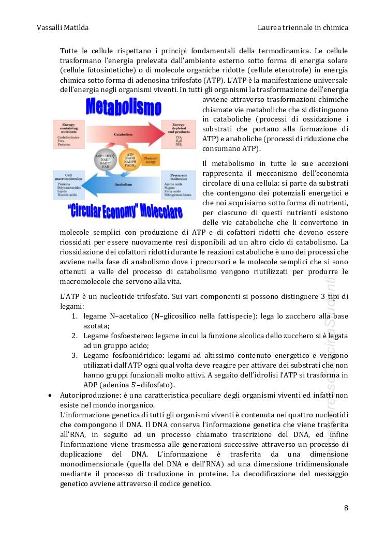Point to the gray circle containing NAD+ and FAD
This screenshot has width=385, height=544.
coord(106,160)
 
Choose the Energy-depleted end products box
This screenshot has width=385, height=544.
coord(177,134)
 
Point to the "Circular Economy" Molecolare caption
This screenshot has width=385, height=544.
coord(125,212)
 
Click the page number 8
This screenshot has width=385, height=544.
coord(346,507)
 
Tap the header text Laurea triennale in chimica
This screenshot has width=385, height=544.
coord(303,27)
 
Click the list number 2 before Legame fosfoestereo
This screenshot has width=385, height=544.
coord(75,336)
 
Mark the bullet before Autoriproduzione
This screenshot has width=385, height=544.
coord(50,395)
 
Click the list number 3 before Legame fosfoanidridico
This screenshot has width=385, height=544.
coord(75,356)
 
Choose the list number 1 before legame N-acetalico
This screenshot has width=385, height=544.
coord(75,316)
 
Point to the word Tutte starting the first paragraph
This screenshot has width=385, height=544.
coord(70,51)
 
